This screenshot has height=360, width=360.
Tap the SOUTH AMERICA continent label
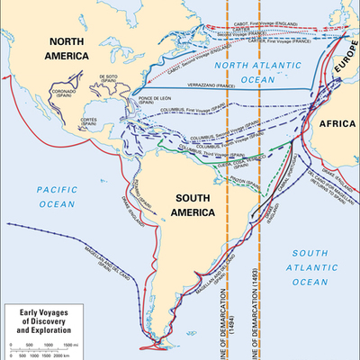coord(182,204)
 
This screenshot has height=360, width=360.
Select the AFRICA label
coord(333,125)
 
